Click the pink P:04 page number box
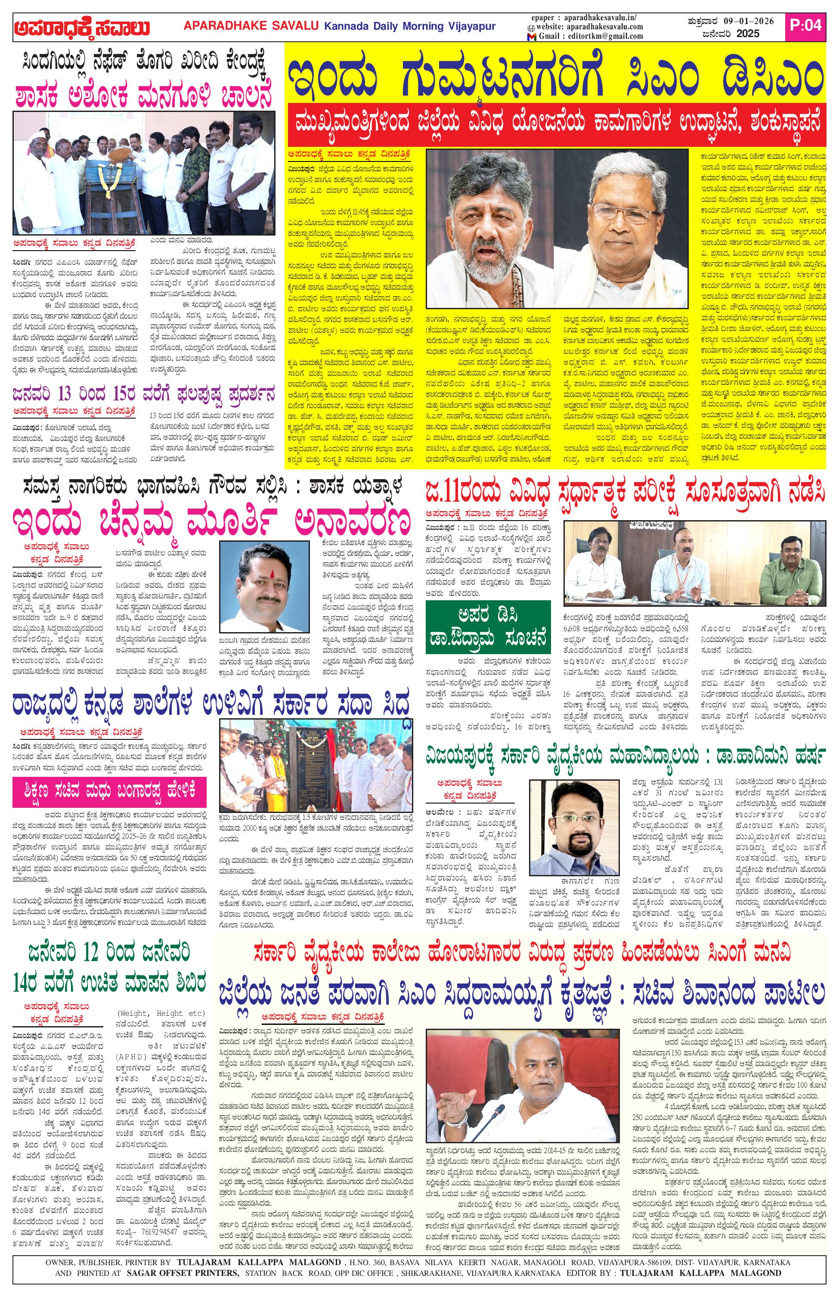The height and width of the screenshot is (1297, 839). coord(805,25)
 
